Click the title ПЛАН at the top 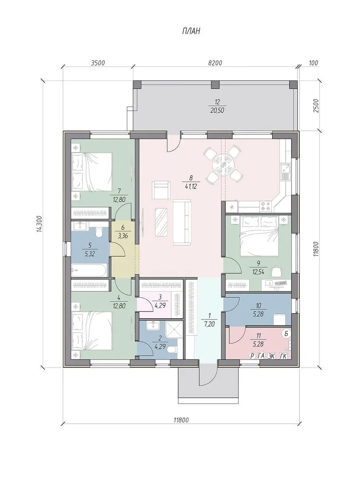tap(191, 31)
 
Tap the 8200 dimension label tap(215, 63)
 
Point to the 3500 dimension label tap(98, 63)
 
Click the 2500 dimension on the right tap(316, 106)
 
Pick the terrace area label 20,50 tap(218, 111)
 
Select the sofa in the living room tap(182, 222)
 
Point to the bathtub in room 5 tap(89, 270)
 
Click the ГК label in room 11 tap(284, 356)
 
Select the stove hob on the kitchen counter tap(265, 205)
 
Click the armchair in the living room tap(161, 189)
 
